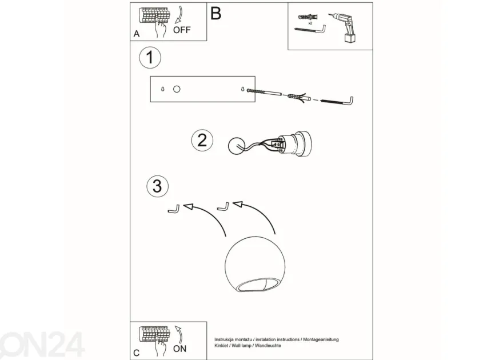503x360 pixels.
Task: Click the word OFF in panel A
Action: point(182,30)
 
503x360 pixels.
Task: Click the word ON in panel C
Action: point(179,349)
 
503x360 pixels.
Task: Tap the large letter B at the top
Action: point(216,14)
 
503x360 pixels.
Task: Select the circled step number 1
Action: point(150,58)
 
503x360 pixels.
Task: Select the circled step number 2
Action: point(202,141)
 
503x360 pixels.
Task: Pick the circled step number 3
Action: point(158,186)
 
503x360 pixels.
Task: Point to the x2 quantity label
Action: point(310,23)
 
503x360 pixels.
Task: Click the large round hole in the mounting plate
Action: point(177,89)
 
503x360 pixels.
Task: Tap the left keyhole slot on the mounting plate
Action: point(163,89)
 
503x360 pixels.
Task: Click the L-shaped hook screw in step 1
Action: point(337,101)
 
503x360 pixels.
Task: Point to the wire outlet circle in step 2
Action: point(237,146)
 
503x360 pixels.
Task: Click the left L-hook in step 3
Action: point(174,209)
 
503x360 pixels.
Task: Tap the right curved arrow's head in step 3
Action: point(238,205)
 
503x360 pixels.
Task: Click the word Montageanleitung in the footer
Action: point(321,339)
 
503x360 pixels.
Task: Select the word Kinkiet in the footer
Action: point(221,346)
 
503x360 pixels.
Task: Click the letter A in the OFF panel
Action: point(137,34)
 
